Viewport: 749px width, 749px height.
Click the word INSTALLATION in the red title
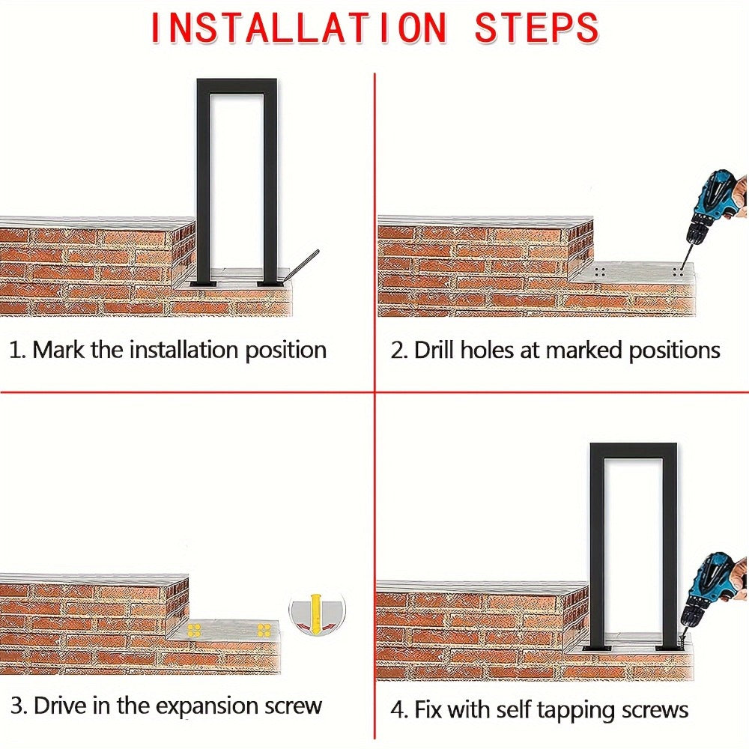pos(299,28)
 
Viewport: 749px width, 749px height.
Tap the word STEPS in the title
pos(536,28)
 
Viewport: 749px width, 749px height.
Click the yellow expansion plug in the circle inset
pos(315,613)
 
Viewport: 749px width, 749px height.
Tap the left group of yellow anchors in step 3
pos(193,630)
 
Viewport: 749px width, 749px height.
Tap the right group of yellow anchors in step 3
pos(264,630)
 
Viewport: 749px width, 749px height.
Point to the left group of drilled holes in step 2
pos(600,272)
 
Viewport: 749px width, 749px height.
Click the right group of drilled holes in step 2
pos(677,272)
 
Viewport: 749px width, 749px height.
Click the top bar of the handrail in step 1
pos(237,86)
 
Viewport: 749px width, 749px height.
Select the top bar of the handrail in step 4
pos(633,450)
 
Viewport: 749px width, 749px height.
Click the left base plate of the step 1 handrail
pos(202,284)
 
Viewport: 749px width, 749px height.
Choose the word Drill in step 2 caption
pos(434,350)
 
